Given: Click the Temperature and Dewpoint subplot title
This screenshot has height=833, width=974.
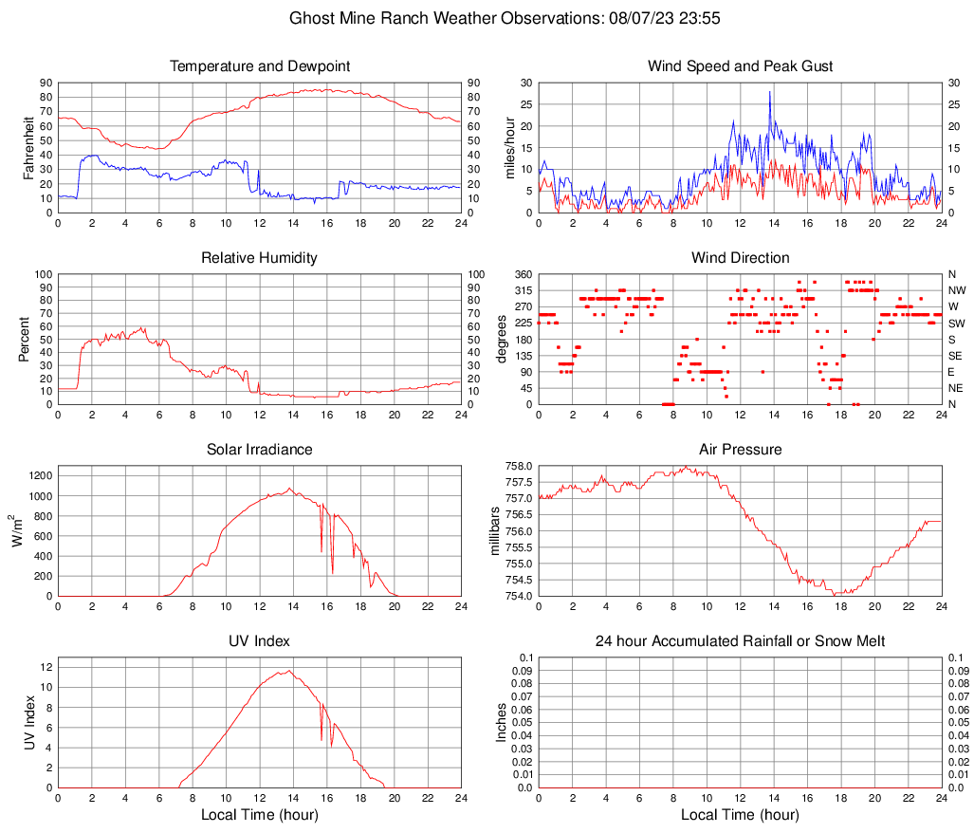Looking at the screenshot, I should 260,66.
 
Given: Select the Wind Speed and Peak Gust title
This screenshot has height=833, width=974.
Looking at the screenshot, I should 740,66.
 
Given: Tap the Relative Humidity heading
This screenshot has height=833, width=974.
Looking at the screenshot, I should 260,258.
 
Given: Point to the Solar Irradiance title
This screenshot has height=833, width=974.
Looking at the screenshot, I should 260,450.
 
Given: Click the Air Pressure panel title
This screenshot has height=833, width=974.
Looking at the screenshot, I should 740,450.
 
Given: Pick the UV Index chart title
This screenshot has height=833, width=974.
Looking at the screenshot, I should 260,641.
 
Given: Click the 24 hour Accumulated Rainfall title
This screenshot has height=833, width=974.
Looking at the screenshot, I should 740,641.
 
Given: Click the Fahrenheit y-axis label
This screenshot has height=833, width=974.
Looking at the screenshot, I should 26,148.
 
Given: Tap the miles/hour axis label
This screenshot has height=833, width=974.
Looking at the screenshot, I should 510,148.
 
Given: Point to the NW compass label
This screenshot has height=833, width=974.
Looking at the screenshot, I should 956,290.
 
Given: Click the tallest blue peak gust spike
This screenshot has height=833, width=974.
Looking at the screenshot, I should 770,92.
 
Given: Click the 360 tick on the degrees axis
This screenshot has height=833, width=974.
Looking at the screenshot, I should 522,274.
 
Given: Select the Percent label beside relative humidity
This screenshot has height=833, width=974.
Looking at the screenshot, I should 26,340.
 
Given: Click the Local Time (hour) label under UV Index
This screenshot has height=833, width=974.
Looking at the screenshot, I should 260,815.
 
